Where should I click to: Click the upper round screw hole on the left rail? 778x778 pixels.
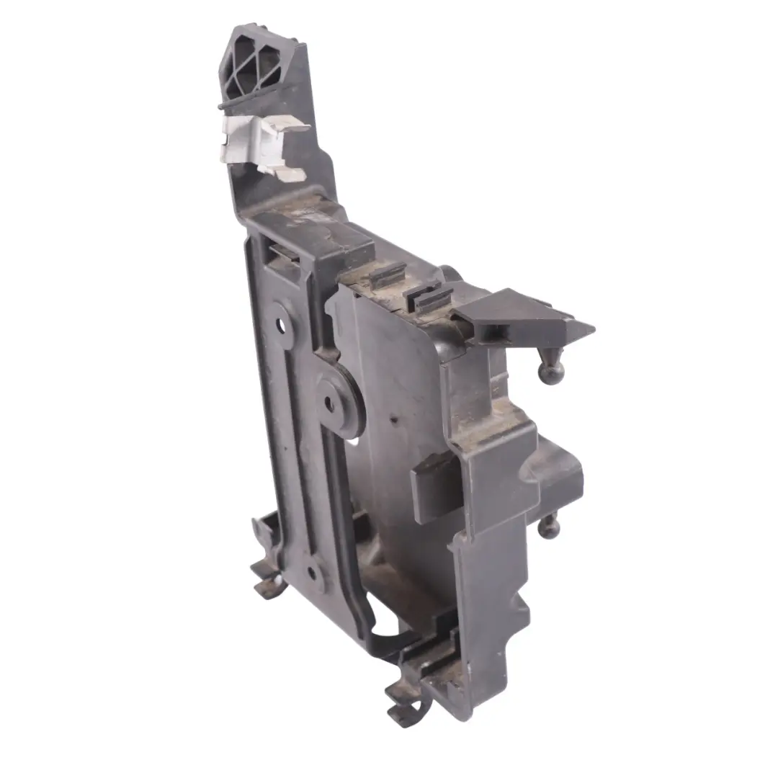pos(280,325)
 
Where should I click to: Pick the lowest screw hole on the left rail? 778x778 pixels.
pos(312,573)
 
